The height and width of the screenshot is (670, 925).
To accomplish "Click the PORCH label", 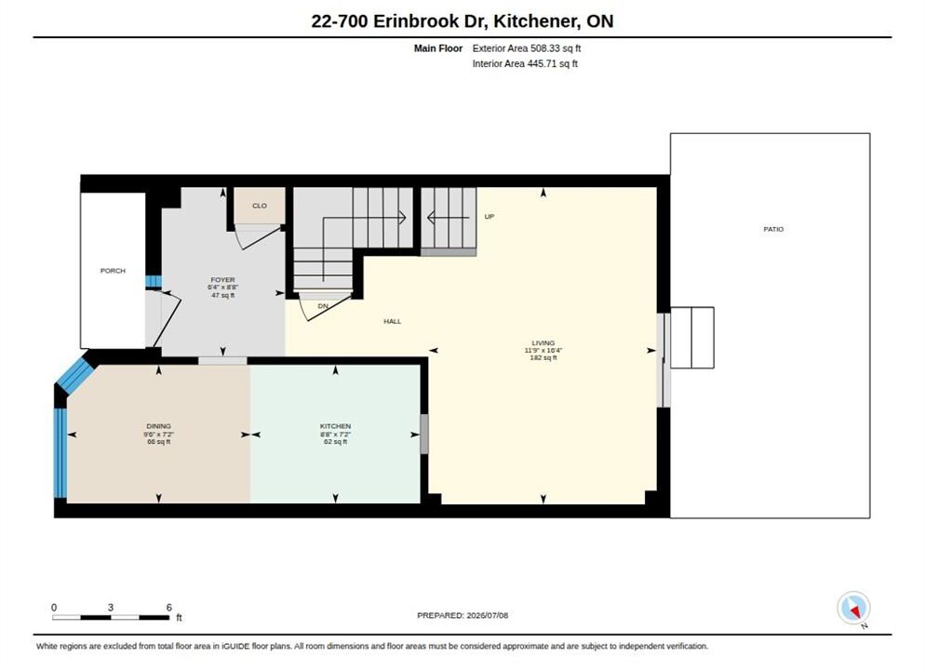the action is pyautogui.click(x=113, y=271).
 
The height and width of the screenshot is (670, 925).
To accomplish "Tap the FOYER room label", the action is pyautogui.click(x=223, y=279).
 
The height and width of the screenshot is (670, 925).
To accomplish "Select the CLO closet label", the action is pyautogui.click(x=260, y=206).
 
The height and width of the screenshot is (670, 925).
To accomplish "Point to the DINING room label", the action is pyautogui.click(x=159, y=426).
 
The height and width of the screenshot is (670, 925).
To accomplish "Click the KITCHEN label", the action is pyautogui.click(x=336, y=426).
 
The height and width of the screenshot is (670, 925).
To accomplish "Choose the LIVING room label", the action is pyautogui.click(x=543, y=342).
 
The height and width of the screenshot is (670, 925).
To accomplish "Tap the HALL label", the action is pyautogui.click(x=393, y=321).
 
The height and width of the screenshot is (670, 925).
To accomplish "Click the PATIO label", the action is pyautogui.click(x=773, y=229).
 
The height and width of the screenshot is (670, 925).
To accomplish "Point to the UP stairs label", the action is pyautogui.click(x=489, y=217).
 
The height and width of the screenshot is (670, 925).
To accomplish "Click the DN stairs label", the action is pyautogui.click(x=323, y=306).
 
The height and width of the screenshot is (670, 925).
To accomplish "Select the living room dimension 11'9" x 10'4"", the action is pyautogui.click(x=543, y=350).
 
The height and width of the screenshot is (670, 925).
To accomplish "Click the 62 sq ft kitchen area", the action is pyautogui.click(x=336, y=441).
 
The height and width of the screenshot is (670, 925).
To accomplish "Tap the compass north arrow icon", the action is pyautogui.click(x=853, y=608).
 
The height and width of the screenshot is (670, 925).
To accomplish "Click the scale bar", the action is pyautogui.click(x=111, y=618).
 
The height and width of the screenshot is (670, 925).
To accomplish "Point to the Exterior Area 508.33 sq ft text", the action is pyautogui.click(x=526, y=48).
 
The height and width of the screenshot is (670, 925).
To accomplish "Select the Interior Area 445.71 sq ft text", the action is pyautogui.click(x=525, y=63).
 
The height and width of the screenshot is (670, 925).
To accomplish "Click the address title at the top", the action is pyautogui.click(x=462, y=21).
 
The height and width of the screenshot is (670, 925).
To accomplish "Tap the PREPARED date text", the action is pyautogui.click(x=462, y=615).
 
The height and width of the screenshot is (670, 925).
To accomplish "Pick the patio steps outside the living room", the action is pyautogui.click(x=692, y=338).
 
